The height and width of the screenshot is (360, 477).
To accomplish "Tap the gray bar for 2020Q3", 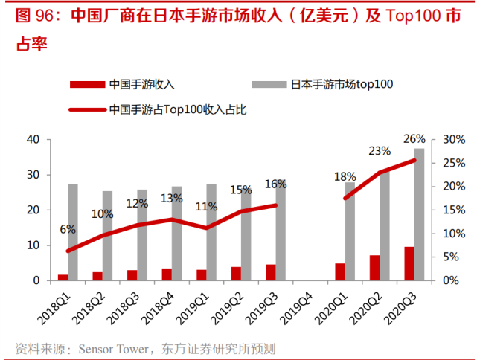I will (420, 214).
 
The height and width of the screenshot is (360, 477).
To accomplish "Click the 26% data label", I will (414, 138).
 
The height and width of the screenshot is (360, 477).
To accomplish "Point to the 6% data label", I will (68, 229).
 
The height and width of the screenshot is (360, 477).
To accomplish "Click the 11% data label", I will (206, 208).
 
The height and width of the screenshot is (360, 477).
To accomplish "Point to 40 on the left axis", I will (33, 140).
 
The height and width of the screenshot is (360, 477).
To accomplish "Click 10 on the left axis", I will (33, 245).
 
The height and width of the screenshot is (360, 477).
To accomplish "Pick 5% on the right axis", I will (452, 257).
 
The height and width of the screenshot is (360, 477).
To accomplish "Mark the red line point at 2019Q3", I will (275, 205).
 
